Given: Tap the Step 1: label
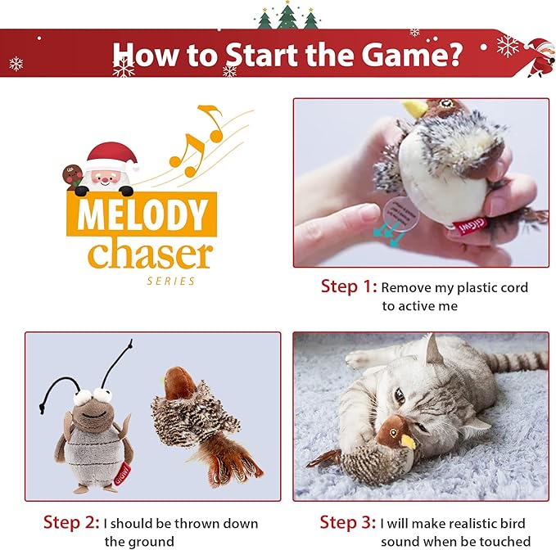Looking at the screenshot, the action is tap(349, 286).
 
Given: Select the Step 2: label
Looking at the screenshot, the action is tap(71, 522).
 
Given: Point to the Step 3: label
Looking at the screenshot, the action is tap(347, 522).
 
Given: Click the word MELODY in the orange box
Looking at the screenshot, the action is tap(142, 214).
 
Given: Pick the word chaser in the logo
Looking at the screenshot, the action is tap(151, 254).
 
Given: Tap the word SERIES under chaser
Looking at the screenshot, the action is tap(171, 282).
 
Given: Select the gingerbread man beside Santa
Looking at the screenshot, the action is tap(72, 176).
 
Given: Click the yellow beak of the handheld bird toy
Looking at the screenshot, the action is tap(415, 108).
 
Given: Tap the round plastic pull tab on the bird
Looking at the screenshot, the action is tap(400, 214).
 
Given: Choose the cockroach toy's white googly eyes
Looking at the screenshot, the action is tap(93, 395).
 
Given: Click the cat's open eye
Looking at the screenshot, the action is tap(400, 395).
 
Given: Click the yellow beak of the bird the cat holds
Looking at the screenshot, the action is tap(408, 442).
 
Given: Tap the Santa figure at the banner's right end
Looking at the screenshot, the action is tap(540, 56).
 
